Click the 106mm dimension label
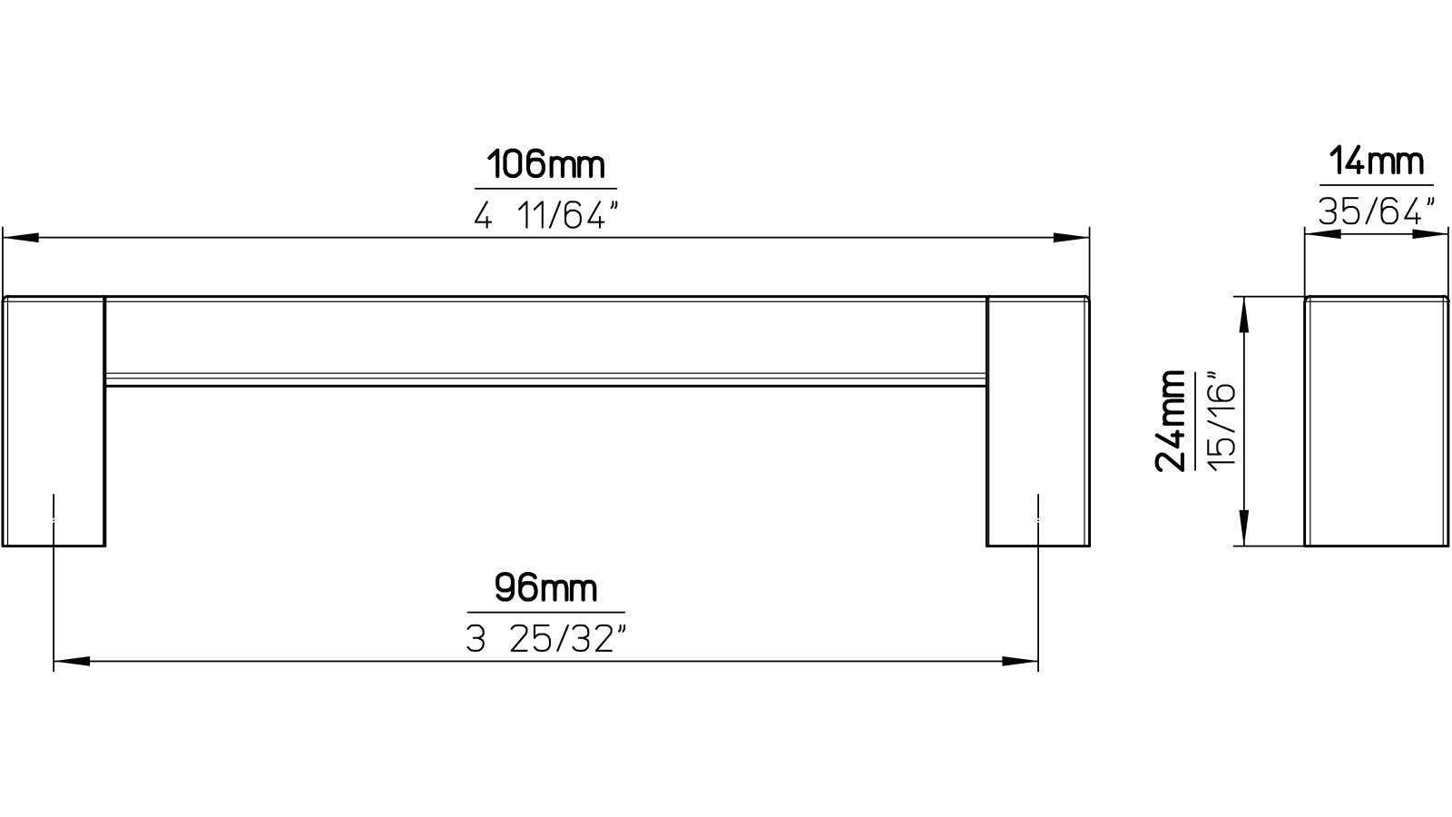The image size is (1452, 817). [544, 166]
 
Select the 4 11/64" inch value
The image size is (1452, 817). [544, 216]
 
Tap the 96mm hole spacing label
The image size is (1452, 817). [545, 589]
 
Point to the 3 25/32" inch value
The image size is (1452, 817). [545, 640]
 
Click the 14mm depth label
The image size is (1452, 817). [1376, 163]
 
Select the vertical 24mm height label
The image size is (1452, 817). [1171, 420]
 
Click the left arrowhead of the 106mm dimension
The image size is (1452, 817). [20, 238]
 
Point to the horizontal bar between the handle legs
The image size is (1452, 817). [544, 340]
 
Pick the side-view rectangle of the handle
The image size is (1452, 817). [1376, 421]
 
